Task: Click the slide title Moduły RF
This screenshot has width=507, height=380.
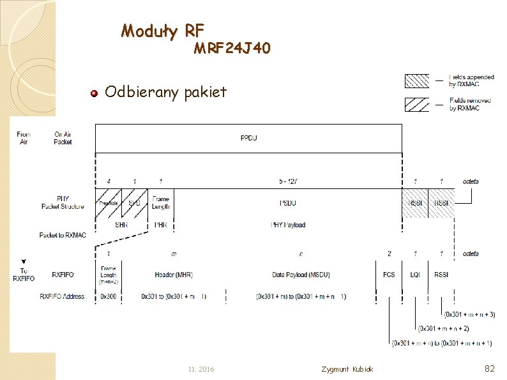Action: click(162, 30)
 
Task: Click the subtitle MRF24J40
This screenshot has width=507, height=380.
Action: click(232, 49)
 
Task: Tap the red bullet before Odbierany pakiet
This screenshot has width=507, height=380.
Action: click(94, 93)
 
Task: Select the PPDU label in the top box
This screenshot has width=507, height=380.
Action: click(249, 139)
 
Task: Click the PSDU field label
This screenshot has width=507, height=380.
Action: click(287, 203)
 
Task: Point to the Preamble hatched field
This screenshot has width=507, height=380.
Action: click(108, 202)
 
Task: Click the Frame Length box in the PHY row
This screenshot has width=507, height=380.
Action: click(161, 202)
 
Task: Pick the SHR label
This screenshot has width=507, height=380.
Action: click(121, 225)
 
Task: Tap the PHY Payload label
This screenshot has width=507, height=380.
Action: click(287, 225)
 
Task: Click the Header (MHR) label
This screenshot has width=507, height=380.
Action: click(174, 275)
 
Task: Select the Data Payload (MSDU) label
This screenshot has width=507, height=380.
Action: click(301, 275)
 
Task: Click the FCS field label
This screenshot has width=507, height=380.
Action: click(389, 275)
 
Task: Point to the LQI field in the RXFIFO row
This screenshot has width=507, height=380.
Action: click(416, 275)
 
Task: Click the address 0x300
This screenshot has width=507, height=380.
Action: click(109, 296)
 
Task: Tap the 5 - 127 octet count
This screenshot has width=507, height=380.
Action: click(288, 182)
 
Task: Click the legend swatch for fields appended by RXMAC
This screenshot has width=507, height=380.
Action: click(418, 81)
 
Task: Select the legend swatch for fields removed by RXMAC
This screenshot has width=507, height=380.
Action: click(418, 104)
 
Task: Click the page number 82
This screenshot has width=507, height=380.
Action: click(490, 368)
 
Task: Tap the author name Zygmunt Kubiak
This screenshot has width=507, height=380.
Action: click(348, 370)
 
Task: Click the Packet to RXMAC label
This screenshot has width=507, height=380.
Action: click(63, 235)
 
